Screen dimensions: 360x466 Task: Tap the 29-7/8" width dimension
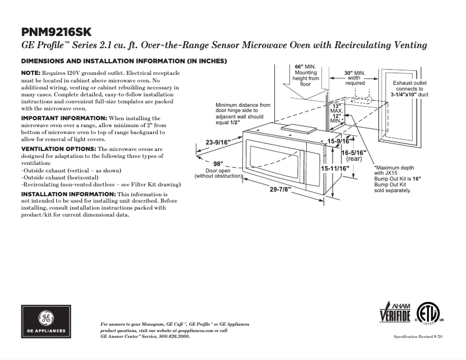point(279,190)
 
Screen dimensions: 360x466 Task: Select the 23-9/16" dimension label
point(218,142)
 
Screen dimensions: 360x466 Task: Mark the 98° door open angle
point(218,164)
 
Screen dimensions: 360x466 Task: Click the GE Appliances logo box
point(46,321)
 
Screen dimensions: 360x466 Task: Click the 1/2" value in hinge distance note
point(235,123)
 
